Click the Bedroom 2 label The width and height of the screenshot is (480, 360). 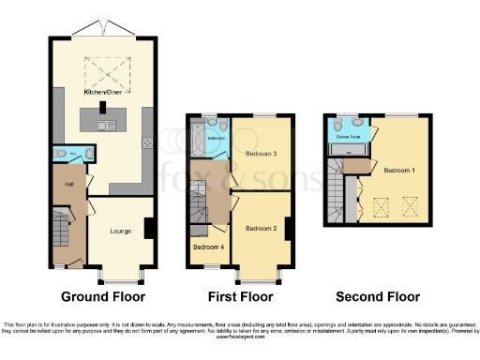click(262, 228)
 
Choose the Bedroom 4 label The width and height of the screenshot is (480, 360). click(207, 247)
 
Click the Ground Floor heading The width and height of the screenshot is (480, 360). click(103, 297)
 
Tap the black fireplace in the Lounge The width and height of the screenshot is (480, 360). click(149, 228)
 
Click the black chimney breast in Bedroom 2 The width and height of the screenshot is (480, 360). click(288, 228)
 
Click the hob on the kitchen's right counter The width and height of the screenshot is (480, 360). click(147, 142)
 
